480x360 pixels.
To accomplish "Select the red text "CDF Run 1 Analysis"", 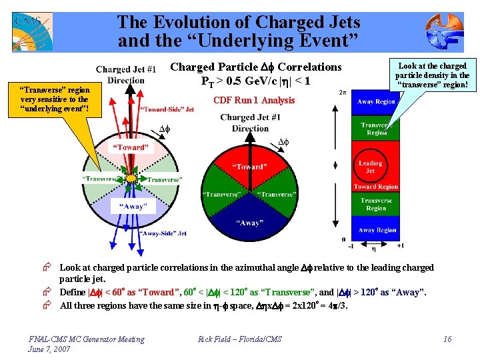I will tap(253, 101).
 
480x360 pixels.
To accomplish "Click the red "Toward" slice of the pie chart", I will tap(249, 164).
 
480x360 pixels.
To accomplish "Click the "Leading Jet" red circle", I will tap(370, 167).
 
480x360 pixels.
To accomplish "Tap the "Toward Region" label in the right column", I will tap(375, 187).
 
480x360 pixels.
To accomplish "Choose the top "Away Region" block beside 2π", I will tap(376, 102).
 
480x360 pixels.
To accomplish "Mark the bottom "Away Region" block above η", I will tap(376, 230).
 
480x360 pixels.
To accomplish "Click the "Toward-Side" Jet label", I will tap(167, 109).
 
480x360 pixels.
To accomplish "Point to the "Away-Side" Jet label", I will tap(163, 233).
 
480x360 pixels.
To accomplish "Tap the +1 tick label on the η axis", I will tap(400, 245).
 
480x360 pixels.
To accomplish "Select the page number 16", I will tap(447, 339).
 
